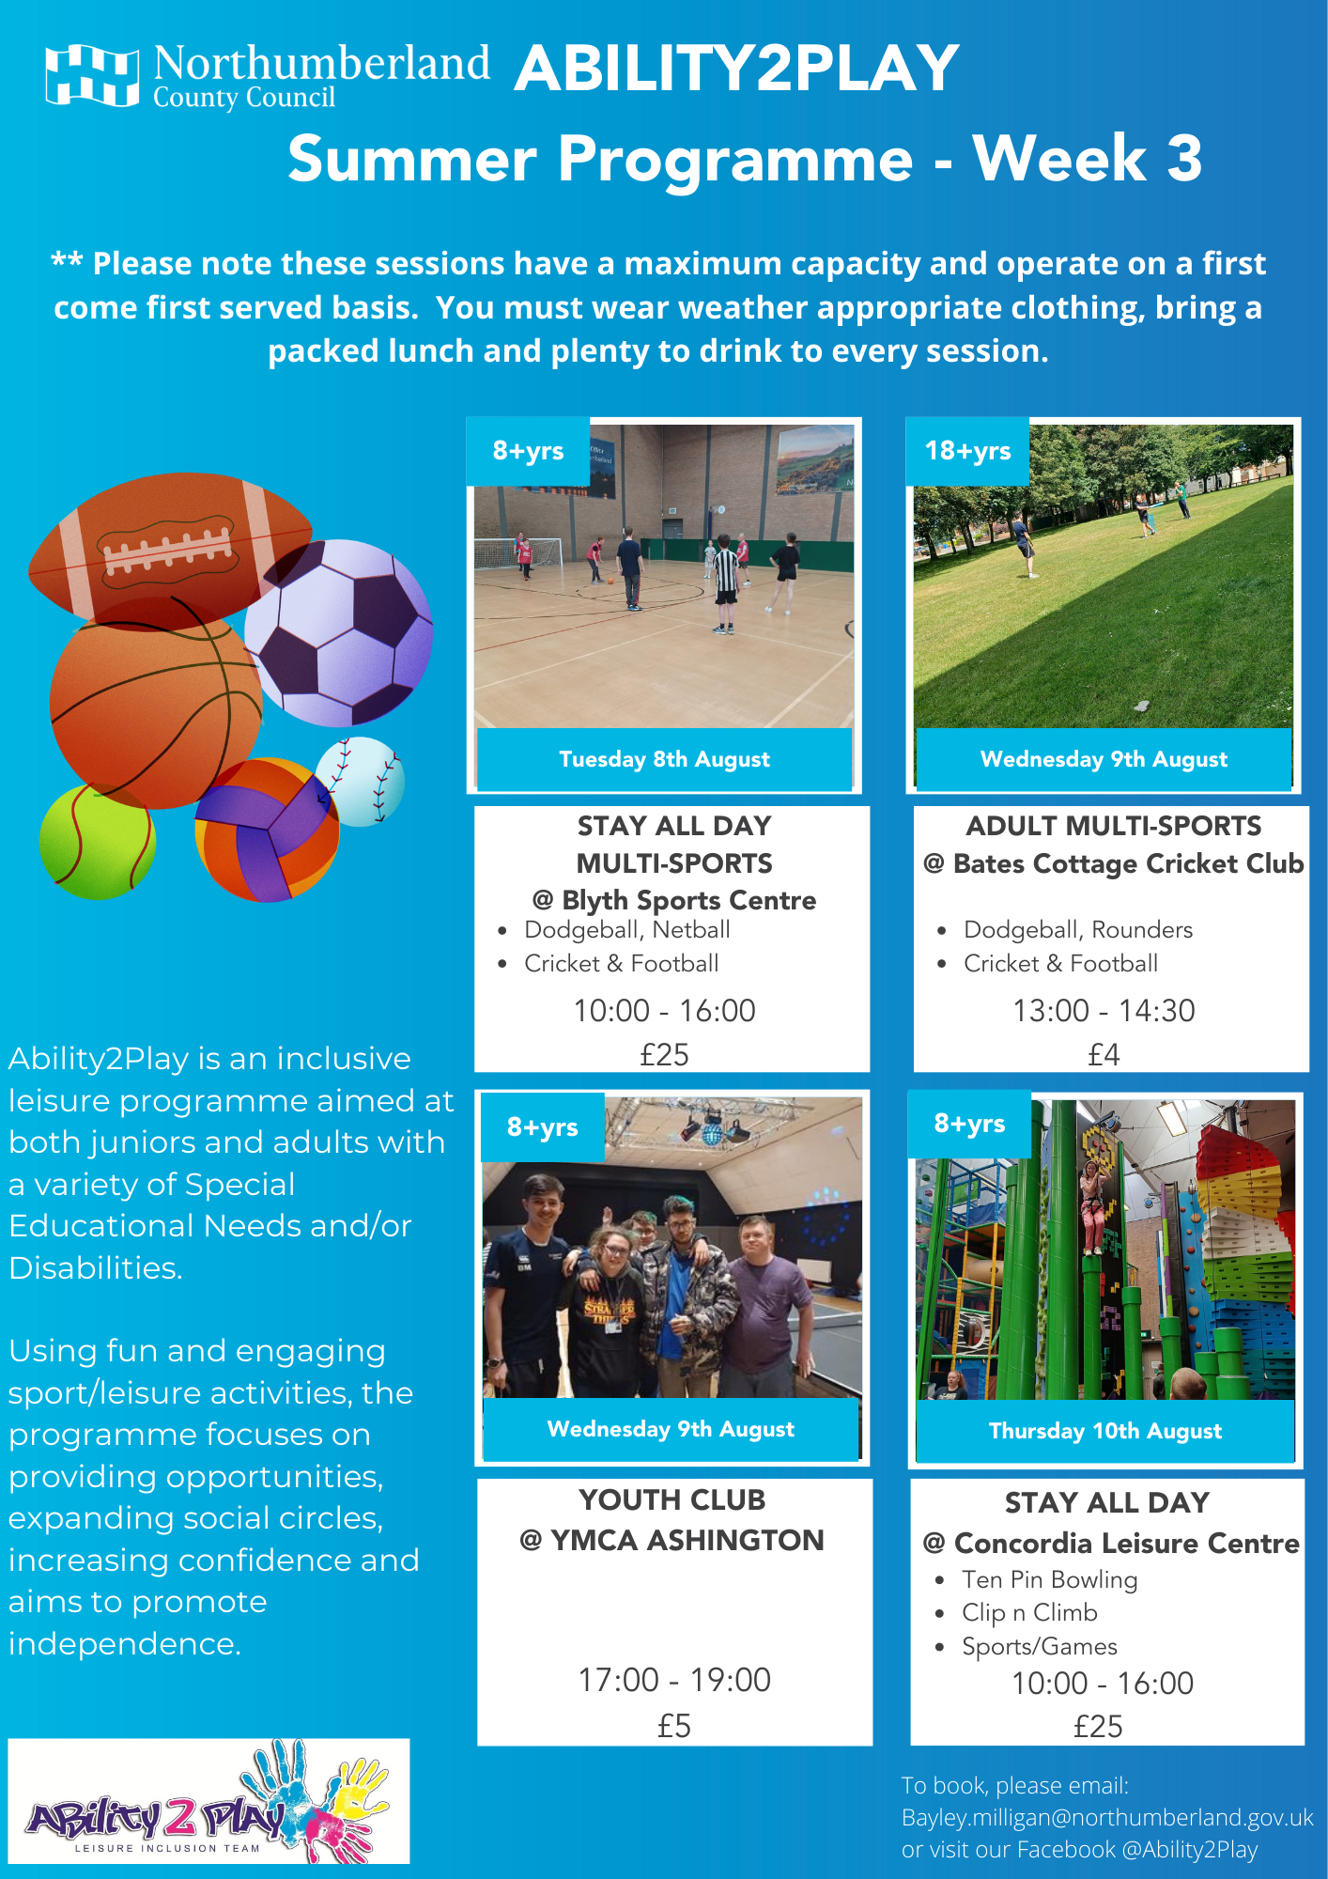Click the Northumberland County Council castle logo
tap(92, 75)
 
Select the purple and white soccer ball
tap(339, 632)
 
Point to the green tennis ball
tap(97, 842)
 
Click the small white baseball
tap(361, 782)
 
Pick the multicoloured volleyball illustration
tap(267, 830)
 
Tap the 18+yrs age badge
tap(967, 451)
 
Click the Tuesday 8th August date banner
tap(664, 759)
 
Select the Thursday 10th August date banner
tap(1105, 1431)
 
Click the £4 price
tap(1104, 1055)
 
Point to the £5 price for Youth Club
tap(674, 1726)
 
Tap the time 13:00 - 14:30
tap(1104, 1010)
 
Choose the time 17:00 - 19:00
tap(674, 1680)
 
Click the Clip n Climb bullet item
tap(1029, 1612)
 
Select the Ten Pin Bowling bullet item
tap(1049, 1579)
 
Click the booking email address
tap(1107, 1817)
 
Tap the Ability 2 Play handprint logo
tap(208, 1801)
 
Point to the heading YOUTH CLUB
tap(672, 1499)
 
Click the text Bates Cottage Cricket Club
tap(1128, 863)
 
